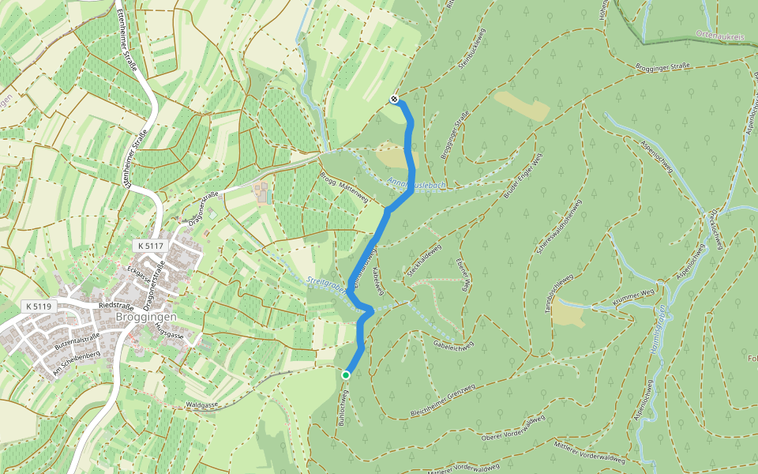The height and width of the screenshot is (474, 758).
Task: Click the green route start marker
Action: coord(346,374)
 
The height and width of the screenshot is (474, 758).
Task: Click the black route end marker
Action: coord(394,100)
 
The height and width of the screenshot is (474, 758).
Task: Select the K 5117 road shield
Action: coord(149,246)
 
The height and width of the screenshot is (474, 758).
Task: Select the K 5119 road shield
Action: coord(39,306)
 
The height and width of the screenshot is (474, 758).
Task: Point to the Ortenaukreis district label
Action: coord(721,35)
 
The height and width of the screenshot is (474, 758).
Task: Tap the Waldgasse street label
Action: coord(201,404)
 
